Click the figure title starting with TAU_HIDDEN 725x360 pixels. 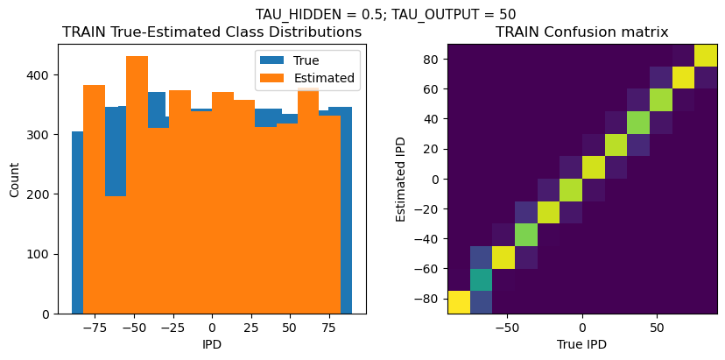(385, 14)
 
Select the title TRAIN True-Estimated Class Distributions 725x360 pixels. (212, 32)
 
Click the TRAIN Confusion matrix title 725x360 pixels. (581, 32)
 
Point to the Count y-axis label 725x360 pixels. (15, 179)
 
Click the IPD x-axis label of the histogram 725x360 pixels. (212, 344)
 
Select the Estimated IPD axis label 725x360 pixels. (402, 179)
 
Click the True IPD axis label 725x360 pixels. (581, 344)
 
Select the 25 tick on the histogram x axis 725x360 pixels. (250, 327)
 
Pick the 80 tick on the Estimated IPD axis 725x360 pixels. (428, 60)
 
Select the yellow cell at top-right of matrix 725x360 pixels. (706, 55)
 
